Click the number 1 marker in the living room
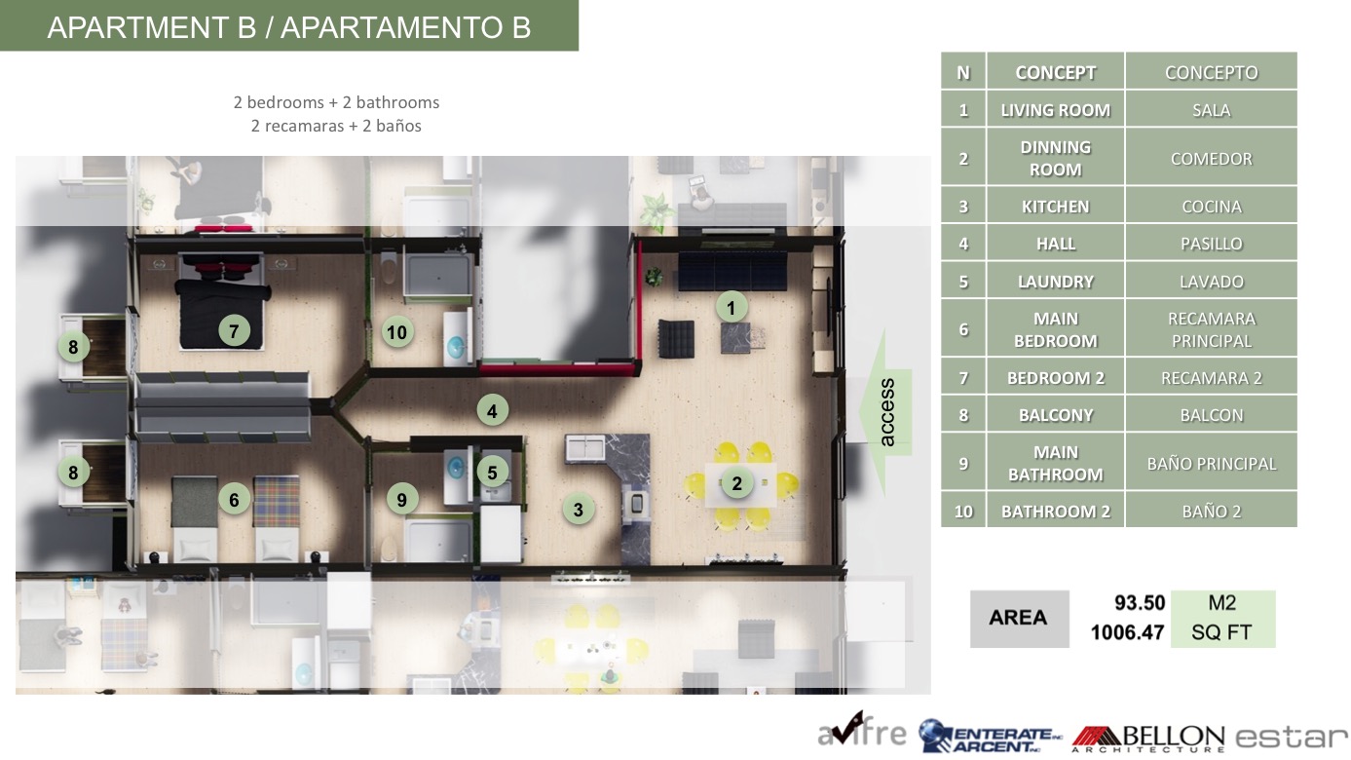click(x=731, y=308)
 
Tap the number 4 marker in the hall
click(x=492, y=411)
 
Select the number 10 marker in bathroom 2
click(x=396, y=332)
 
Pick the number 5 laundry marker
click(x=492, y=473)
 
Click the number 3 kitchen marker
click(x=578, y=510)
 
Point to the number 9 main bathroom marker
click(x=401, y=500)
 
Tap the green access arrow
click(x=885, y=412)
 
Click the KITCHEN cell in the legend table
click(x=1056, y=207)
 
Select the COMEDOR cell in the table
click(x=1211, y=158)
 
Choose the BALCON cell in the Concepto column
click(x=1211, y=415)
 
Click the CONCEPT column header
click(x=1056, y=72)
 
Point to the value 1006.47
click(x=1127, y=632)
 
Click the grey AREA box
click(x=1019, y=619)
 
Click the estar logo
click(x=1291, y=737)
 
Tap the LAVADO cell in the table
click(x=1211, y=281)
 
